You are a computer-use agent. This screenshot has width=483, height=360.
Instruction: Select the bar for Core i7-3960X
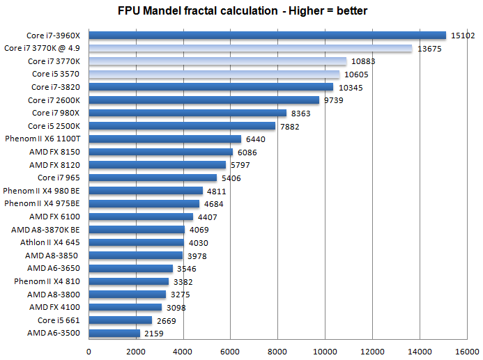click(x=268, y=36)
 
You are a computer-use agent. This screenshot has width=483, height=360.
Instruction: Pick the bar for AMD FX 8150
click(x=161, y=152)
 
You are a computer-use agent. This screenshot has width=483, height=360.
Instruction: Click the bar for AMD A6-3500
click(x=115, y=334)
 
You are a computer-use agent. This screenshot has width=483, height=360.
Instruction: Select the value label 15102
click(x=462, y=36)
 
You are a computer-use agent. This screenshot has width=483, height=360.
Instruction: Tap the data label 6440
click(x=257, y=139)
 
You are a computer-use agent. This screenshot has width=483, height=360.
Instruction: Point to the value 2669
click(x=168, y=321)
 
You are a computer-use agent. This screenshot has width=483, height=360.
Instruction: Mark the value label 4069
click(x=199, y=230)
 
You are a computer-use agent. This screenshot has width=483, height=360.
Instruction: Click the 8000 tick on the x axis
click(x=277, y=351)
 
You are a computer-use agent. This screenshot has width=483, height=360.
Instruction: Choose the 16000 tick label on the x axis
click(x=466, y=351)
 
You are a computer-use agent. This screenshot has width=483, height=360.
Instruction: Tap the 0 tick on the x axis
click(x=89, y=351)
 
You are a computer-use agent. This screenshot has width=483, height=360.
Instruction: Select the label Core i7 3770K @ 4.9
click(x=43, y=48)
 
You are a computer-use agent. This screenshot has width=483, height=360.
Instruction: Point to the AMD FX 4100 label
click(x=54, y=307)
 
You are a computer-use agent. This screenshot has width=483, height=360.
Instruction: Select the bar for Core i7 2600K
click(x=204, y=100)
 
